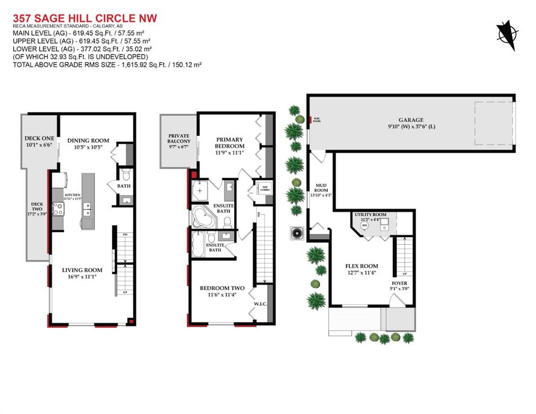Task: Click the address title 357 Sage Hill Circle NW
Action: coord(84,18)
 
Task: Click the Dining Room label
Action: coord(88,141)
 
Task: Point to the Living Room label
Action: coord(82,270)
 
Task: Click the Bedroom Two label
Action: coord(222,288)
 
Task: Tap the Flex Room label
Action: coord(361,266)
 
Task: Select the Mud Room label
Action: coord(321,187)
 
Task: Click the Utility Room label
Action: coord(370,215)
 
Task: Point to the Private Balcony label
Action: coord(179,139)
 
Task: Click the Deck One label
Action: coord(39,138)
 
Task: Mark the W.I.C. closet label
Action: coord(260,304)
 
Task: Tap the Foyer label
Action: coord(399,283)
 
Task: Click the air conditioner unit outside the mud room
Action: coord(297,233)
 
